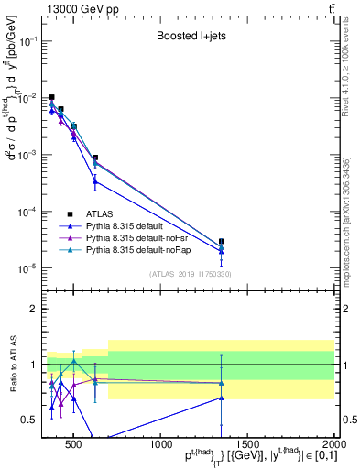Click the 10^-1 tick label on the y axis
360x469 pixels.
pos(29,42)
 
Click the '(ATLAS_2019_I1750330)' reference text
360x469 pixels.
pos(190,273)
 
